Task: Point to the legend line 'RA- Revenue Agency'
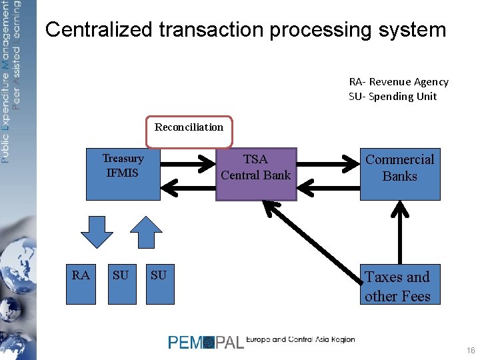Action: point(399,81)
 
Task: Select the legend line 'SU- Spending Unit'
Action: point(393,96)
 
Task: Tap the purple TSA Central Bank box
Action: point(255,174)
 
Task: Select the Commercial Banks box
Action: point(400,174)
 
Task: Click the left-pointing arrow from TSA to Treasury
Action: point(189,189)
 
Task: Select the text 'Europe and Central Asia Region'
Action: point(301,339)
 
